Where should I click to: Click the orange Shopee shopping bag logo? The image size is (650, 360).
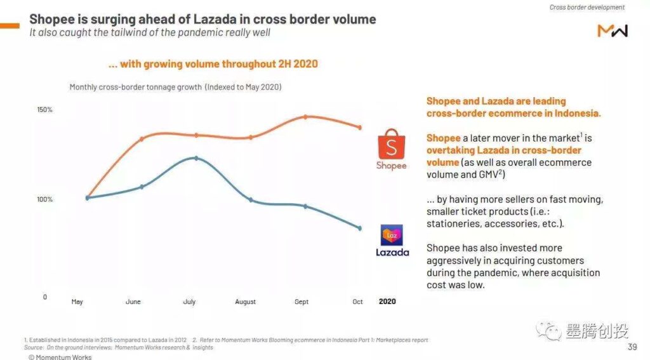pos(390,145)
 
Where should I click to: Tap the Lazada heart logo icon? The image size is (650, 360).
pos(392,235)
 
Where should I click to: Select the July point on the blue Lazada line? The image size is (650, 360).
pos(196,157)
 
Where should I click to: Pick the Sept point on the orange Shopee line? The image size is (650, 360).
pos(305,117)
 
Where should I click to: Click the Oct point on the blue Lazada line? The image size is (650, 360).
pos(359,228)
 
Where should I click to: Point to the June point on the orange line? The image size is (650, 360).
pos(142,138)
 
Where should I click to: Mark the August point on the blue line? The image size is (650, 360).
pos(251,200)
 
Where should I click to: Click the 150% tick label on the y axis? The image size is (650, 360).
pos(44,110)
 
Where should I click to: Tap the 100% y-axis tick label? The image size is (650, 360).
pos(44,199)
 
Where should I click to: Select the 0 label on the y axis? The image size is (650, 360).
pos(44,297)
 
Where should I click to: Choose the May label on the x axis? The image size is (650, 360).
pos(77,302)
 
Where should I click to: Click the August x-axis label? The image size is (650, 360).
pos(245,302)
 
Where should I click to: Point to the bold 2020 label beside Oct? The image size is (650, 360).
pos(387,302)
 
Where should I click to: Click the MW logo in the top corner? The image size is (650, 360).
pos(613,30)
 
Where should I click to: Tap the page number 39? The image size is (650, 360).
pos(632,347)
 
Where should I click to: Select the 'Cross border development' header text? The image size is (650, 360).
pos(587,8)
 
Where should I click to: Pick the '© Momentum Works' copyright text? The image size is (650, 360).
pos(60,357)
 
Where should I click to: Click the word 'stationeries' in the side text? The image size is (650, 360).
pos(452,223)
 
